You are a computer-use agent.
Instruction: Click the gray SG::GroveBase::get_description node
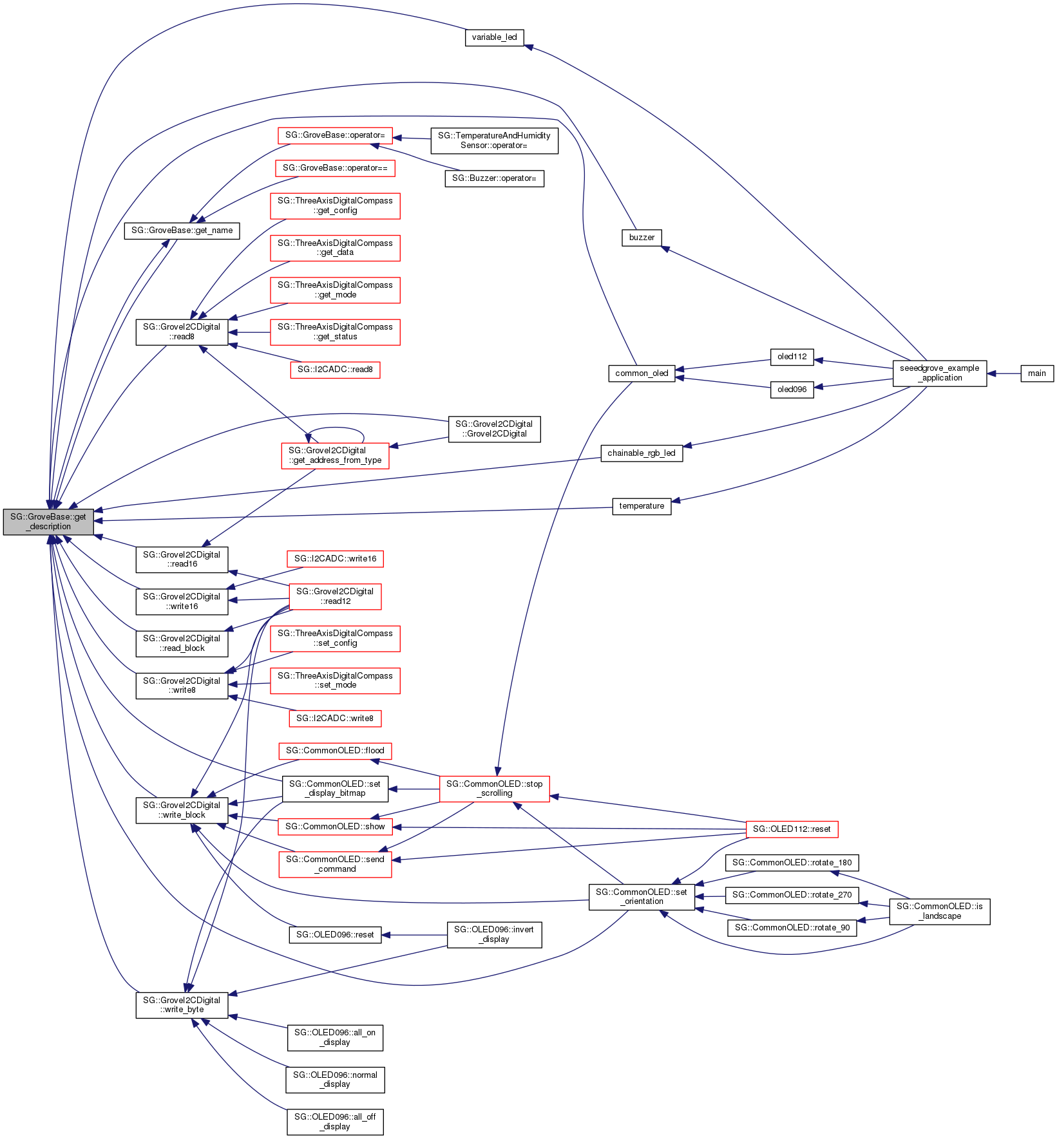[48, 522]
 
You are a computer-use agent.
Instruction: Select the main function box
[1036, 373]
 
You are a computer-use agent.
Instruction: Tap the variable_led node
[494, 37]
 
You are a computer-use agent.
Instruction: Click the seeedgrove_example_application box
[939, 373]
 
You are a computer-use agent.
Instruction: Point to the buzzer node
[642, 238]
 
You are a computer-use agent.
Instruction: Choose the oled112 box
[792, 357]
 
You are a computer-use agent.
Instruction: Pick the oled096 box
[792, 390]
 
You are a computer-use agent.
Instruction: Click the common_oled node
[642, 373]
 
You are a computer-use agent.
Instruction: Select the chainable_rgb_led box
[641, 453]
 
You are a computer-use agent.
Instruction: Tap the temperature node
[641, 506]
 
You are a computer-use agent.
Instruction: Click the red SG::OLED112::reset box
[792, 829]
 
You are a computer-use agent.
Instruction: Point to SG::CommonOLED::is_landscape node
[939, 911]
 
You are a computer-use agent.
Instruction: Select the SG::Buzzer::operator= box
[494, 178]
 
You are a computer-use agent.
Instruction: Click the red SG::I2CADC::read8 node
[335, 370]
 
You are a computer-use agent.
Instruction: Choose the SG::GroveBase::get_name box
[182, 231]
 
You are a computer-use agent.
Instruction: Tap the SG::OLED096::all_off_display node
[335, 1122]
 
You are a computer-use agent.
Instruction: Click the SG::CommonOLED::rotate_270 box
[792, 895]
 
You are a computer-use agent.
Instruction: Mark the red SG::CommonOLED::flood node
[335, 751]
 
